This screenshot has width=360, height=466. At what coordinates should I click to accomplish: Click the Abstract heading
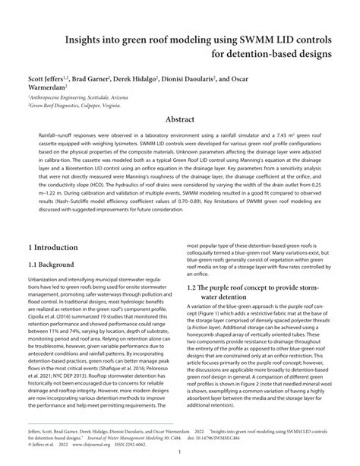click(x=180, y=120)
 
